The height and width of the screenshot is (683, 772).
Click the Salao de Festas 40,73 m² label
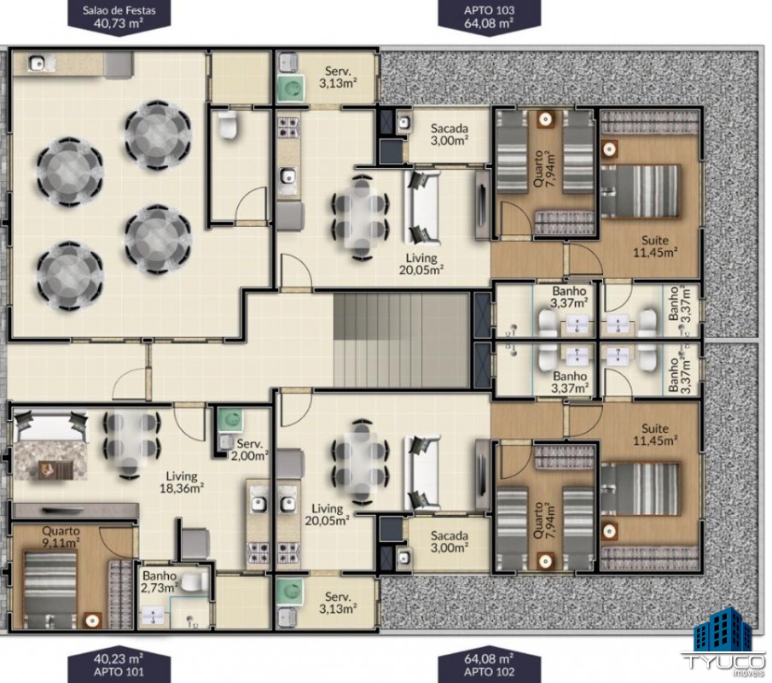pyautogui.click(x=119, y=17)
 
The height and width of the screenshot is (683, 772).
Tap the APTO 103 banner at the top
pyautogui.click(x=490, y=17)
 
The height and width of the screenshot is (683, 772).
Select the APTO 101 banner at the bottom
pyautogui.click(x=119, y=665)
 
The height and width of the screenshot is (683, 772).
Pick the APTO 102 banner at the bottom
pyautogui.click(x=490, y=665)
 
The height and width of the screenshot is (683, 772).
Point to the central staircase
pyautogui.click(x=402, y=340)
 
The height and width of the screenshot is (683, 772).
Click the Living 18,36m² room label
pyautogui.click(x=182, y=482)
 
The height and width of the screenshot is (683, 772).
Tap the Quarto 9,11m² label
pyautogui.click(x=61, y=537)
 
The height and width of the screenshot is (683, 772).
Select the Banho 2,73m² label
pyautogui.click(x=160, y=581)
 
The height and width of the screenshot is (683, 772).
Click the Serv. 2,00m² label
pyautogui.click(x=250, y=449)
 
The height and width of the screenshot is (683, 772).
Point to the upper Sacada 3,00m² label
pyautogui.click(x=449, y=135)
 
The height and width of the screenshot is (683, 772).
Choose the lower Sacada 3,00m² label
pyautogui.click(x=449, y=541)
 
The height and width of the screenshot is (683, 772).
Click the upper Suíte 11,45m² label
pyautogui.click(x=655, y=247)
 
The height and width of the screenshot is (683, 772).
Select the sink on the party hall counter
pyautogui.click(x=37, y=63)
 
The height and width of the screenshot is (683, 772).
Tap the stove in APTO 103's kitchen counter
pyautogui.click(x=288, y=126)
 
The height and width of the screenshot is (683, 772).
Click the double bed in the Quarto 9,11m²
pyautogui.click(x=50, y=590)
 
